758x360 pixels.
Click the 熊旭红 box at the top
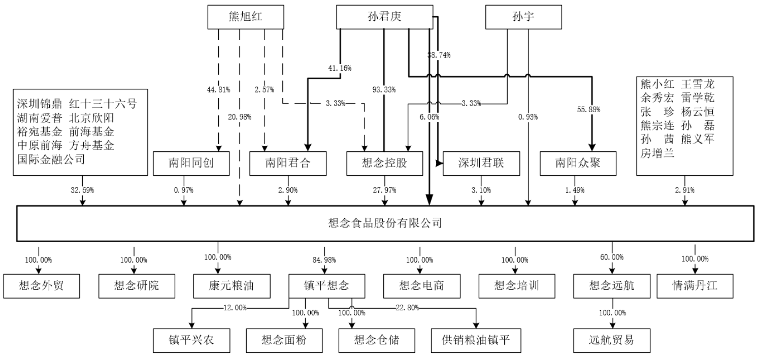(x=246, y=17)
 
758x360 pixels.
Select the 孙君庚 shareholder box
(x=384, y=17)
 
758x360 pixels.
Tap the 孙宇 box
(x=523, y=17)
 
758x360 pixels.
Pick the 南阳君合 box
(x=288, y=163)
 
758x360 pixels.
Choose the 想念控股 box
(x=384, y=163)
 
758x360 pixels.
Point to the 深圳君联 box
(x=481, y=163)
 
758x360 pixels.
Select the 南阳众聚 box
(x=578, y=163)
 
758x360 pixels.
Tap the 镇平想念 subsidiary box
(x=326, y=285)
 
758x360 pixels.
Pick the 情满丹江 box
(x=695, y=285)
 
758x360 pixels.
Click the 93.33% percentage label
(x=384, y=90)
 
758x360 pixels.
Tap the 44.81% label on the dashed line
(x=219, y=90)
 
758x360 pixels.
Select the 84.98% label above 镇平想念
(x=326, y=260)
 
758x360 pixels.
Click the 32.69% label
(x=82, y=190)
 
